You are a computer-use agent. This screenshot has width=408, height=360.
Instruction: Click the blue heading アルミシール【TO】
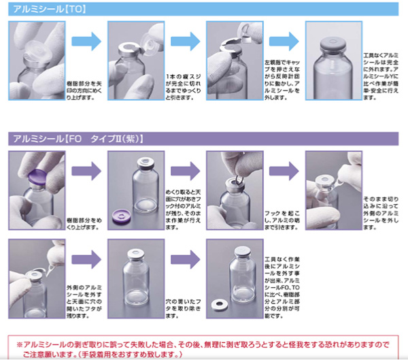[41, 10]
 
